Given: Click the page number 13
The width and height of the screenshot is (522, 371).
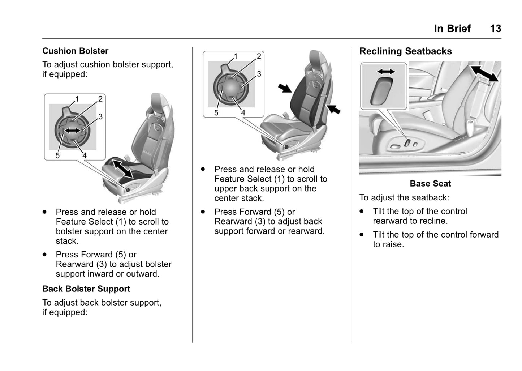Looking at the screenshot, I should [x=495, y=29].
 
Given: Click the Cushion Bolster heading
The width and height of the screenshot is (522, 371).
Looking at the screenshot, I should [x=75, y=51].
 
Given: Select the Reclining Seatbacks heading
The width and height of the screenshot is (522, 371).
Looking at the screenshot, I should [x=405, y=51].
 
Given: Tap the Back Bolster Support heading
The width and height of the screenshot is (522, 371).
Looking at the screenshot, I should [x=86, y=289].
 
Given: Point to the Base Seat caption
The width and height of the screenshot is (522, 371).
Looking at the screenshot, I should [x=430, y=184].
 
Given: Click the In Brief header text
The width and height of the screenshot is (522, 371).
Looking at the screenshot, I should [x=452, y=29].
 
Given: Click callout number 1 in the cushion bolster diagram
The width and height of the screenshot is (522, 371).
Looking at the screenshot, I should [x=77, y=99].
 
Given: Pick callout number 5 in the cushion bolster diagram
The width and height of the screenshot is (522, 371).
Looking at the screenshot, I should [x=57, y=155].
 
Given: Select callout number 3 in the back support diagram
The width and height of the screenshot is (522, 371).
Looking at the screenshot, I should [x=259, y=74].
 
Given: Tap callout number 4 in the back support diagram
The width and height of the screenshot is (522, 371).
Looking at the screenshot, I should [x=243, y=113].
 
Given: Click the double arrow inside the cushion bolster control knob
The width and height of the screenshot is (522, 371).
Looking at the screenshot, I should [x=72, y=130].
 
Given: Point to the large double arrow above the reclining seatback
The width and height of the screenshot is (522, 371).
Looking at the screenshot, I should [x=484, y=74].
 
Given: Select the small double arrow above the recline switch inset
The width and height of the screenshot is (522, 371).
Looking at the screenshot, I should [x=386, y=72].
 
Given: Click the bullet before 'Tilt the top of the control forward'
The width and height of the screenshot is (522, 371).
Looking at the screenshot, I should [x=362, y=234].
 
